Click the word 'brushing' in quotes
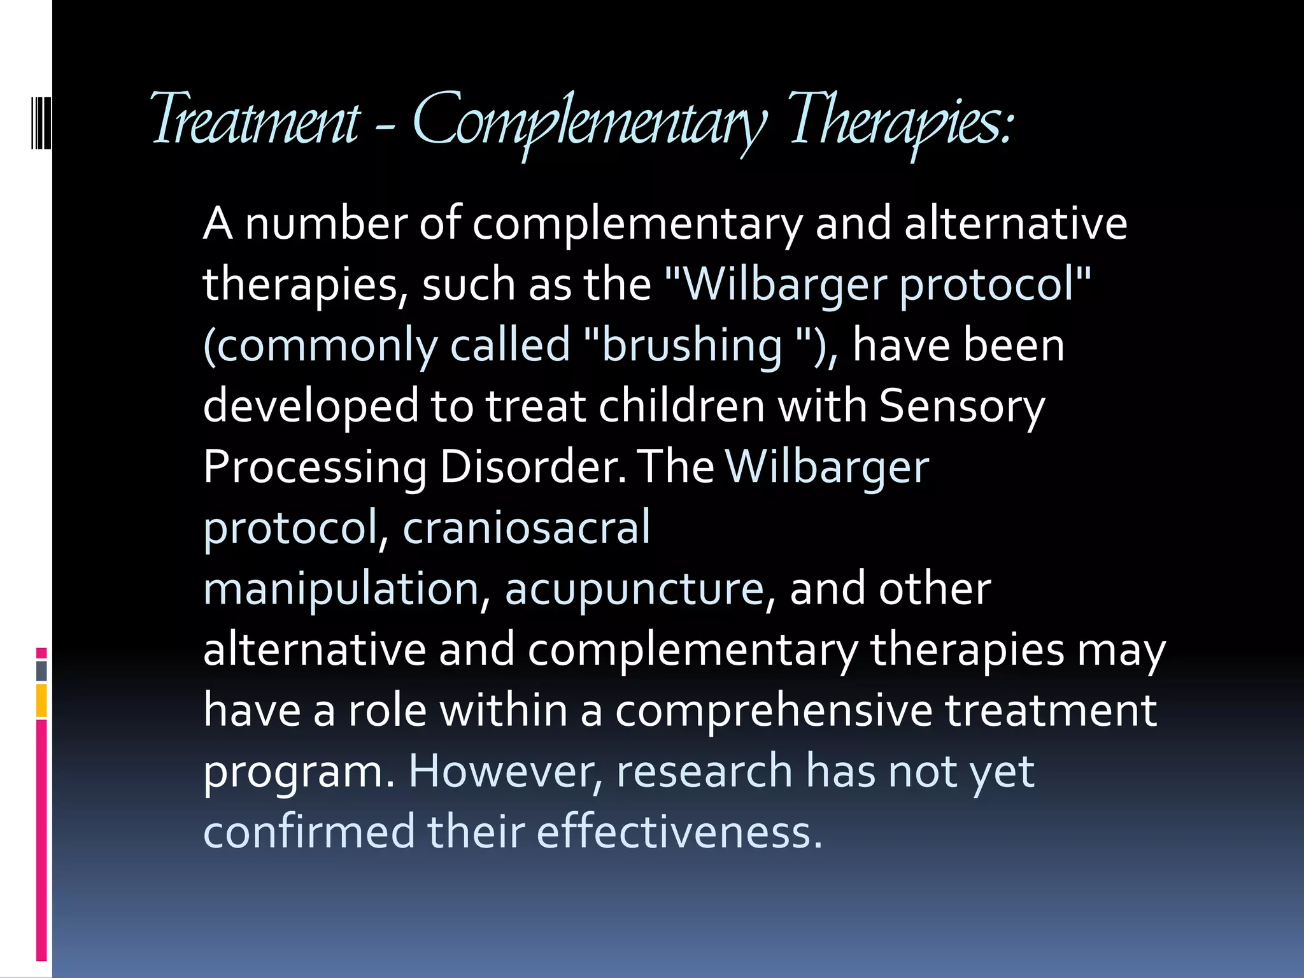[x=691, y=345]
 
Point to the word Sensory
[x=961, y=406]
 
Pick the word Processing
[x=315, y=467]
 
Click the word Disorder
[x=532, y=467]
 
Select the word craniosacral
[x=526, y=527]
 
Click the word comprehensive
[x=773, y=711]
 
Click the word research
[x=704, y=771]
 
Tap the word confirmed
[x=308, y=832]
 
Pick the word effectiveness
[x=679, y=832]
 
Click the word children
[x=681, y=406]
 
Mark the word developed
[x=310, y=406]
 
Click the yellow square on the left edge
[x=41, y=700]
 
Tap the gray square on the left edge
[x=41, y=670]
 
